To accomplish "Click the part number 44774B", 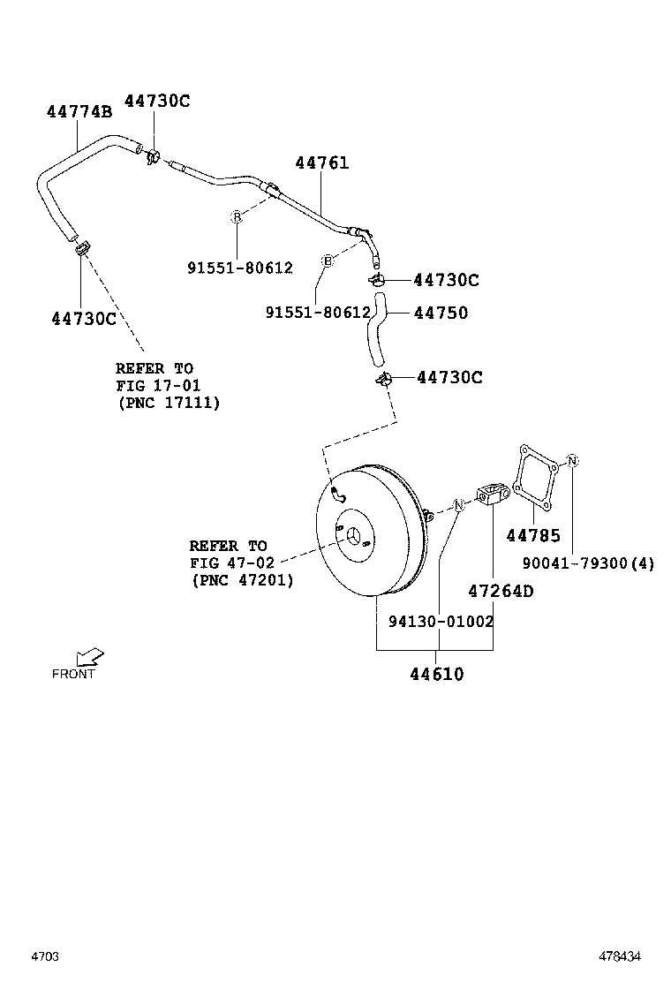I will click(79, 111).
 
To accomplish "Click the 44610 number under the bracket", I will click(436, 675).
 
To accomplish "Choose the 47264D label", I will click(501, 591).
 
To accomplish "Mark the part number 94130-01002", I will click(441, 621).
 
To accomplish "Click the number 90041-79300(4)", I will click(588, 563).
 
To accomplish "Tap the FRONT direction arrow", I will click(89, 657).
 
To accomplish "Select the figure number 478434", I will click(622, 956).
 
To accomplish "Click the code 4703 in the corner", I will click(45, 956).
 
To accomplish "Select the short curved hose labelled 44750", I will click(375, 331).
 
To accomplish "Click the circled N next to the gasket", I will click(572, 461).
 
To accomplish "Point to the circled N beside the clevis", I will click(458, 504).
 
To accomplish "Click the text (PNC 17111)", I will click(168, 402).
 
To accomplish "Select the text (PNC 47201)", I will click(242, 580).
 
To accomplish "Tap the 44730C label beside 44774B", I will click(156, 101).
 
